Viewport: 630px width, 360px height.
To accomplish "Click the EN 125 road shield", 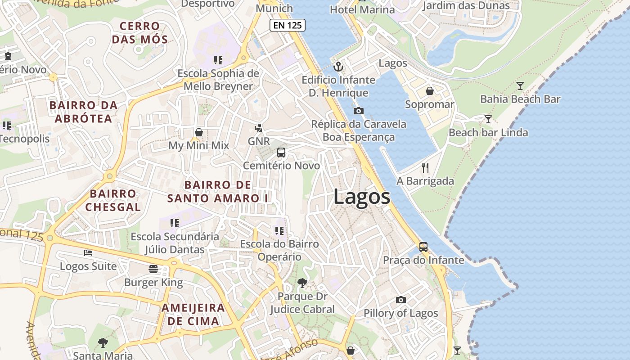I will pyautogui.click(x=288, y=25).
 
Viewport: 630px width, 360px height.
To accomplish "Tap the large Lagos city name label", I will pyautogui.click(x=362, y=197).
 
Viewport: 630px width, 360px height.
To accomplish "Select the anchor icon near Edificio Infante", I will pyautogui.click(x=338, y=67).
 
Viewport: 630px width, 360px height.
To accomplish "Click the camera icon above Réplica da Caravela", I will pyautogui.click(x=359, y=111).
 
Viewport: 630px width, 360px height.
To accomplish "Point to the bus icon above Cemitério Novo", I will pyautogui.click(x=281, y=153).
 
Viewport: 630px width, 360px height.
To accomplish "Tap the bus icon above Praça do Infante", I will pyautogui.click(x=423, y=247).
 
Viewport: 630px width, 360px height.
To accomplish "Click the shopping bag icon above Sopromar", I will pyautogui.click(x=430, y=91).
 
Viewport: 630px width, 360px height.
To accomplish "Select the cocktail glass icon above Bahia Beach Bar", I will pyautogui.click(x=520, y=86).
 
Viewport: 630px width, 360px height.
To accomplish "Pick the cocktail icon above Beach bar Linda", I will pyautogui.click(x=488, y=119).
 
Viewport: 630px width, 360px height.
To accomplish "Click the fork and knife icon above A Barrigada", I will pyautogui.click(x=425, y=168).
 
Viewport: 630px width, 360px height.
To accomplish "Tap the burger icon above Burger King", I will pyautogui.click(x=153, y=269).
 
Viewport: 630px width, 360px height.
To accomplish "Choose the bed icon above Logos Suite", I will pyautogui.click(x=88, y=253).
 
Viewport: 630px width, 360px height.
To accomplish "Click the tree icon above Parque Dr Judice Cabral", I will pyautogui.click(x=302, y=283).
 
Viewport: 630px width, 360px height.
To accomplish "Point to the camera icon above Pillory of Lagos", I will pyautogui.click(x=401, y=300).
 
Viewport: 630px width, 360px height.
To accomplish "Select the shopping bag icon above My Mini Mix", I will pyautogui.click(x=199, y=132).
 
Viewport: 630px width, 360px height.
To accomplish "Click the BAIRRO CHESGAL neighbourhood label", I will pyautogui.click(x=113, y=200).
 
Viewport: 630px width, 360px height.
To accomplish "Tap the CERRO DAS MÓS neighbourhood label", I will pyautogui.click(x=140, y=33).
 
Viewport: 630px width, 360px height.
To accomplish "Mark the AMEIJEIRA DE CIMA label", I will pyautogui.click(x=193, y=315).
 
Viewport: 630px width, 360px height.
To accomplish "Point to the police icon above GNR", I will pyautogui.click(x=258, y=128).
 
